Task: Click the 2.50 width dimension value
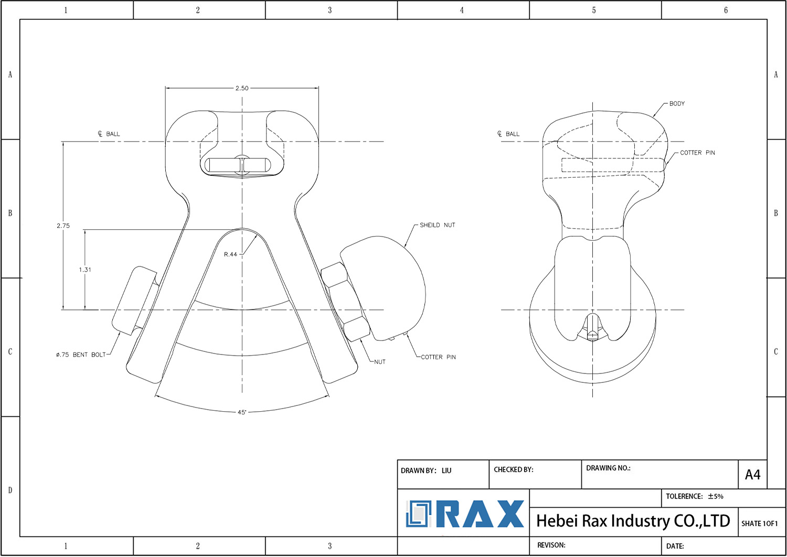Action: (242, 88)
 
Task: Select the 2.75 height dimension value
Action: (63, 226)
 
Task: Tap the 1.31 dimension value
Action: (85, 270)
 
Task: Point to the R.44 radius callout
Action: (230, 254)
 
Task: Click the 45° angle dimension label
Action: (242, 412)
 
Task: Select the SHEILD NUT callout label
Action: (437, 225)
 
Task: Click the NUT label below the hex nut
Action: (380, 362)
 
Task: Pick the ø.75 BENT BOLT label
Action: (81, 355)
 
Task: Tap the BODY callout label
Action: (677, 104)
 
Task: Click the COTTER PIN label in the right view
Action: (697, 153)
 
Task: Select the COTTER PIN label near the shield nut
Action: (438, 357)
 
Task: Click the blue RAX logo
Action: (465, 514)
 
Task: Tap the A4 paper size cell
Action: (752, 475)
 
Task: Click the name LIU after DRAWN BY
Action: (446, 470)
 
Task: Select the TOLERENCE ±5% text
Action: (694, 496)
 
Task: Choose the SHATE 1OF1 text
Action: (759, 523)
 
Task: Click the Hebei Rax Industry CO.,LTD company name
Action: (633, 521)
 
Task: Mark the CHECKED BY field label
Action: (513, 469)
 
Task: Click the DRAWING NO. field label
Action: (608, 468)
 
